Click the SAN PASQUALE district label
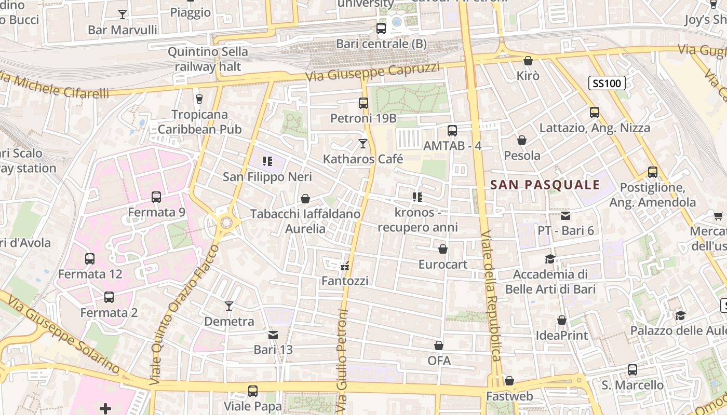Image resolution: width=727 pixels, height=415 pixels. click(545, 185)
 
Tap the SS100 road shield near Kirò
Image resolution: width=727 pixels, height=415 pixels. click(607, 83)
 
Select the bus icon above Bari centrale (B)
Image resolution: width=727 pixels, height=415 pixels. click(381, 29)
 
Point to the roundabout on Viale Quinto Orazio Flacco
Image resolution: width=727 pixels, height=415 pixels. click(226, 223)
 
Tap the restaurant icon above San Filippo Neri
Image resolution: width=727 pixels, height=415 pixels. click(267, 161)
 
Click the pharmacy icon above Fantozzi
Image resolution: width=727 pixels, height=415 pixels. click(344, 267)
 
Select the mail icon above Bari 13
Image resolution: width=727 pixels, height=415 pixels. click(273, 335)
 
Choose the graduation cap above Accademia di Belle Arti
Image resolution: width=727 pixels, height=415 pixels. click(550, 259)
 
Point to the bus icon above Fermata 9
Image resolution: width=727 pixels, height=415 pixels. click(156, 197)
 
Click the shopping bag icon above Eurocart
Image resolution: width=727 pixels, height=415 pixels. click(443, 250)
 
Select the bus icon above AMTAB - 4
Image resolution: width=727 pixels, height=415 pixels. click(452, 131)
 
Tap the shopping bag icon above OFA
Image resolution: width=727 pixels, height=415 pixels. click(439, 345)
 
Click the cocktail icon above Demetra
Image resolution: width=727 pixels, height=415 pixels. click(229, 306)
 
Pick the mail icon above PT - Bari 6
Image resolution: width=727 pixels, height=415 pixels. click(566, 215)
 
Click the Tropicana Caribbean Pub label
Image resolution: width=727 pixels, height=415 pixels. click(200, 121)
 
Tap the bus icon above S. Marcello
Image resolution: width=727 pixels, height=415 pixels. click(632, 370)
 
